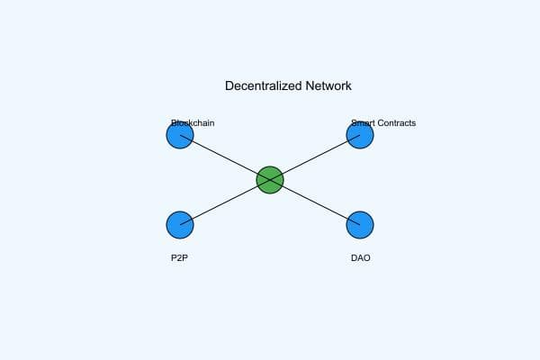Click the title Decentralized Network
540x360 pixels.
pos(288,86)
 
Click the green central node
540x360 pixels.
pos(270,180)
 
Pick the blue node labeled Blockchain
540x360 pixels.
pos(180,135)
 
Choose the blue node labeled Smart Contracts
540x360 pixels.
pos(360,135)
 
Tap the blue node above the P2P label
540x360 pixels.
pos(180,225)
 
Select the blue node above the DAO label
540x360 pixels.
pos(360,225)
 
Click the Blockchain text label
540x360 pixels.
pos(193,122)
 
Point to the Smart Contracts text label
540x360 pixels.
pos(383,122)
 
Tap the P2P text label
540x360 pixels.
pos(180,258)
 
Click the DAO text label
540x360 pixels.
pos(360,258)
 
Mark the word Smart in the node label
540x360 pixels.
pos(364,122)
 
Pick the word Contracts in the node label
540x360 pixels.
pos(397,122)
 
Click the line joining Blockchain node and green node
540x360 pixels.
pos(225,157)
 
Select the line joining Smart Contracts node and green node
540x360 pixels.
pos(315,157)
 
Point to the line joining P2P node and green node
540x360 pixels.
pos(225,202)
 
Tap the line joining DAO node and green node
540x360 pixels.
pos(315,202)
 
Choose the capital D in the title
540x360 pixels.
pos(229,86)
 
